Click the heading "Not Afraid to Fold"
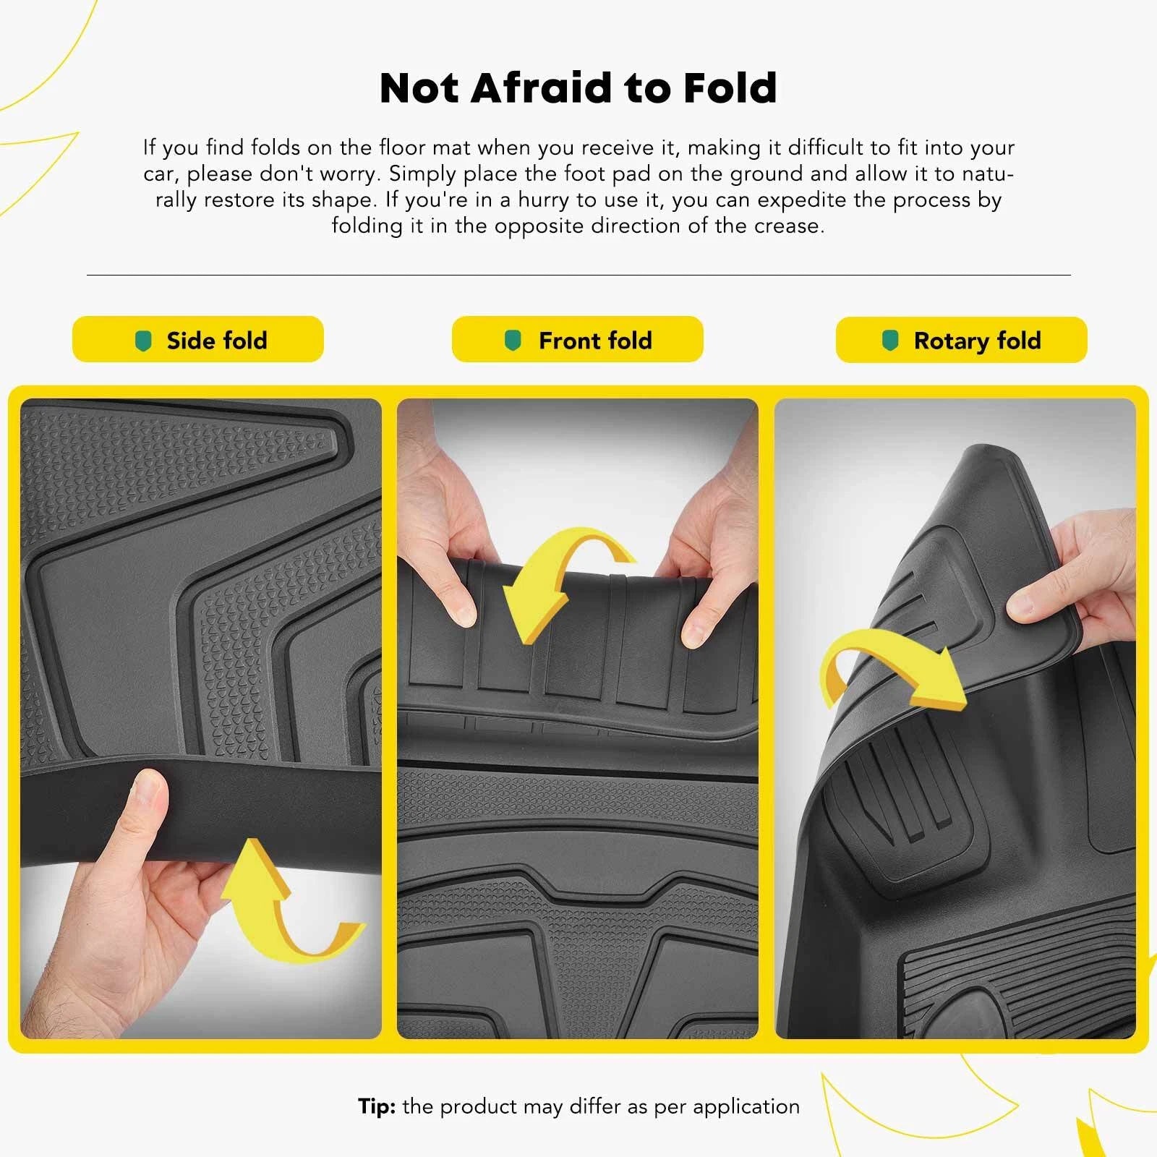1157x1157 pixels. [578, 87]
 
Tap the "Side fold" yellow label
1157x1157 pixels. [198, 339]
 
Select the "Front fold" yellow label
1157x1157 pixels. [577, 339]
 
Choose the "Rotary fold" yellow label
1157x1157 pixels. [961, 340]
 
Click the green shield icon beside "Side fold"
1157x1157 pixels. [144, 341]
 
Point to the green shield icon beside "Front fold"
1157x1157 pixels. [513, 340]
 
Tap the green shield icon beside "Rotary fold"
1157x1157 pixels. [890, 341]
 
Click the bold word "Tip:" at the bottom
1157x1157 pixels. [377, 1106]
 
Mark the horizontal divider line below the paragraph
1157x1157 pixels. [578, 275]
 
